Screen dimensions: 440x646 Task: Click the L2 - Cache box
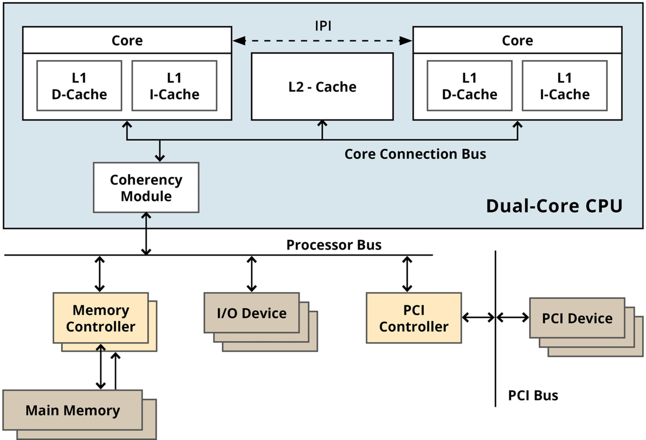322,87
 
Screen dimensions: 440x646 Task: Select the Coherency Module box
146,187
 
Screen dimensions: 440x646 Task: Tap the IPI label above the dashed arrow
323,26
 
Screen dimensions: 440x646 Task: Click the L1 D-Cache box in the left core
79,86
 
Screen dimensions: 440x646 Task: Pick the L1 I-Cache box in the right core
564,86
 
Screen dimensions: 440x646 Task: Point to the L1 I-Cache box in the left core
174,86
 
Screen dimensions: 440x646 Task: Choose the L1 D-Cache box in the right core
469,86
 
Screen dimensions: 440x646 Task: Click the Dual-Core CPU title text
554,206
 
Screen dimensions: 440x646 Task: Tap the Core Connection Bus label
415,154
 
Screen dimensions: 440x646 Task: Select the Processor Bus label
334,245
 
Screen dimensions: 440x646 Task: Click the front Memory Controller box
100,318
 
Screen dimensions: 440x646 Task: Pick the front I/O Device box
252,313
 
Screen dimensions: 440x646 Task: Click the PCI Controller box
413,318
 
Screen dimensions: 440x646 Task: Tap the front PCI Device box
577,318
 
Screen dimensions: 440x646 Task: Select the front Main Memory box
72,410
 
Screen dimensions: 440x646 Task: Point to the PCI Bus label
533,395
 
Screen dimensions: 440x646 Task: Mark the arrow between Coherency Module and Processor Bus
146,234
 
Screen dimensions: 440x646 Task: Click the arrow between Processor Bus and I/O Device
252,274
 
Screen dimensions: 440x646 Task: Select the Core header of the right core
517,40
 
